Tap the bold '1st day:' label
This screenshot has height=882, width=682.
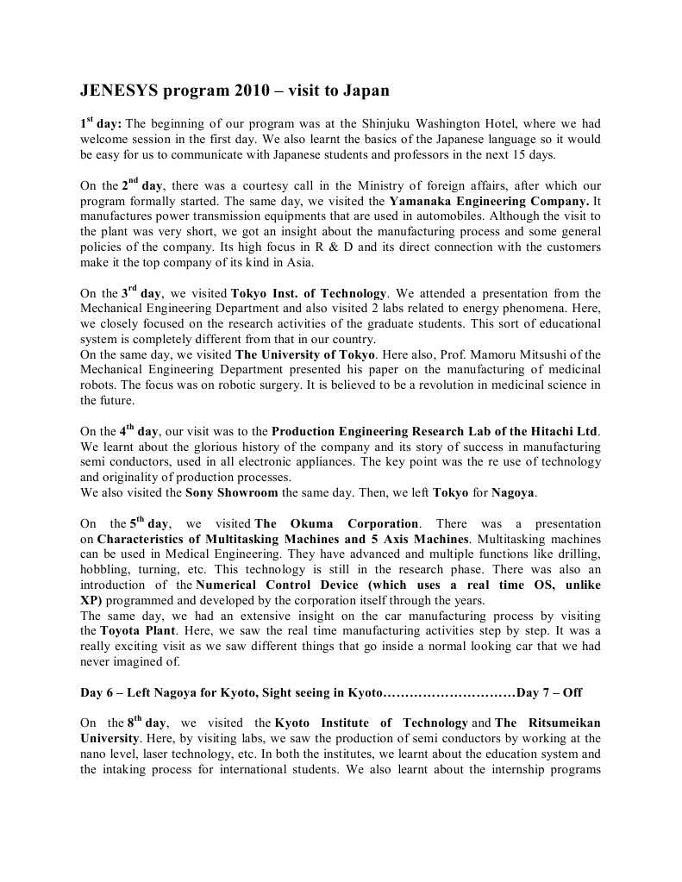point(101,123)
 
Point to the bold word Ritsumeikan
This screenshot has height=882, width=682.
point(561,724)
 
